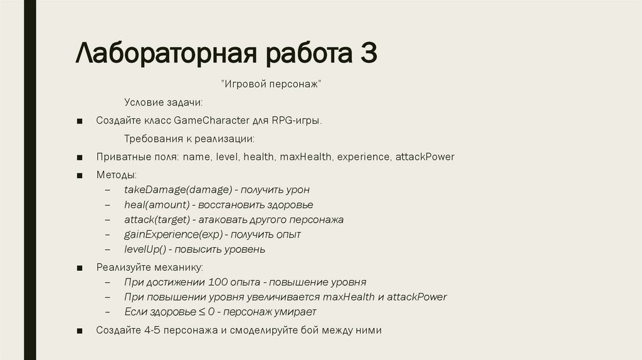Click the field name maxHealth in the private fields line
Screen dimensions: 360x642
click(x=306, y=157)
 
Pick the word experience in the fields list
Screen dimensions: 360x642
click(x=363, y=157)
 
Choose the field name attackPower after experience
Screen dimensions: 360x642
click(x=424, y=157)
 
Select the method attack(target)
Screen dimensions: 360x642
click(x=157, y=220)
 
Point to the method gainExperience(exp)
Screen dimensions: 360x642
click(x=173, y=235)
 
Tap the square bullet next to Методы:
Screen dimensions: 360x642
click(x=80, y=175)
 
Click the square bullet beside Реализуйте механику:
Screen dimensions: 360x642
click(x=80, y=268)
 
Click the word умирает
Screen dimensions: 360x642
click(x=295, y=312)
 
